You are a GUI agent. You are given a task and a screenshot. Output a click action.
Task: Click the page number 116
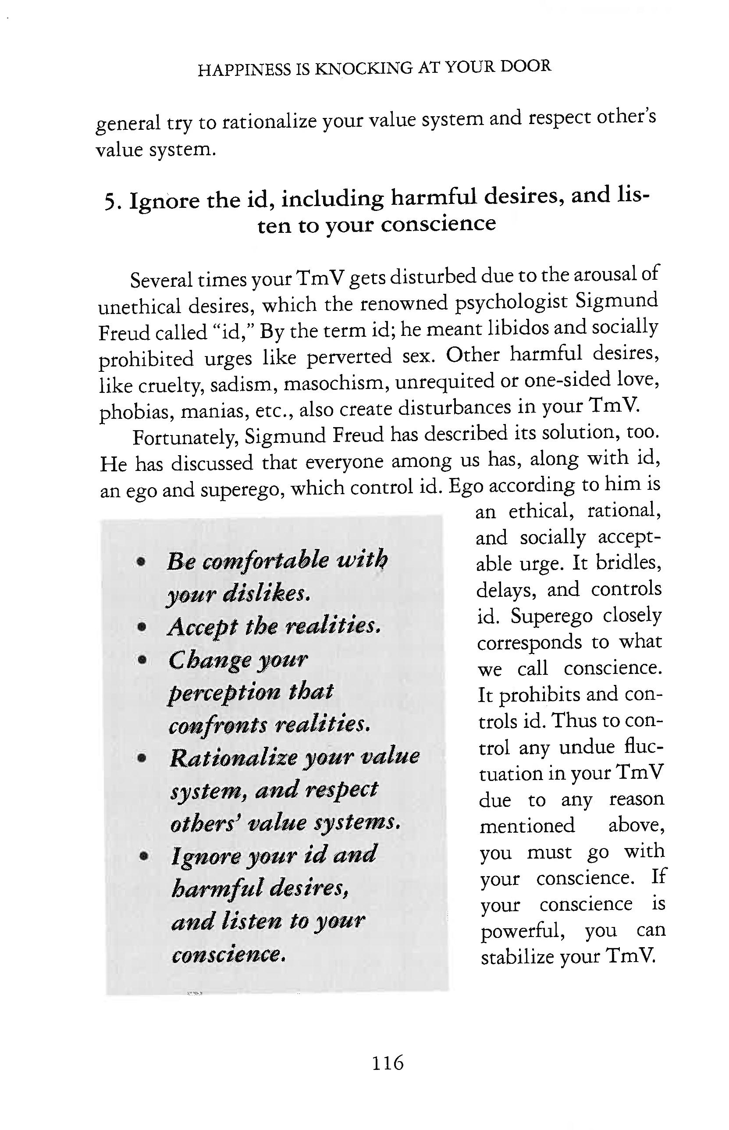tap(387, 1063)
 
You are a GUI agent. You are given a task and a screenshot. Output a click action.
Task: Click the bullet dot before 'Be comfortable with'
tap(140, 562)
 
